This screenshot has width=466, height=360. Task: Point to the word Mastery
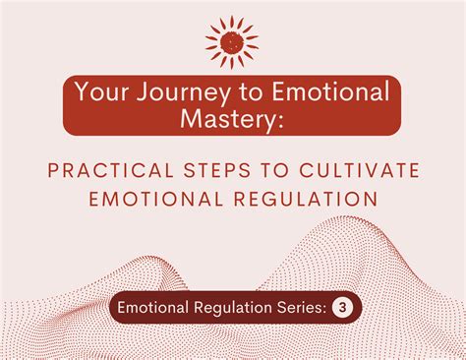229,121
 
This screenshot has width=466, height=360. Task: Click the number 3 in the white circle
345,308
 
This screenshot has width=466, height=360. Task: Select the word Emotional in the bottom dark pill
149,308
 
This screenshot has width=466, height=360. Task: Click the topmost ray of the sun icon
232,17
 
